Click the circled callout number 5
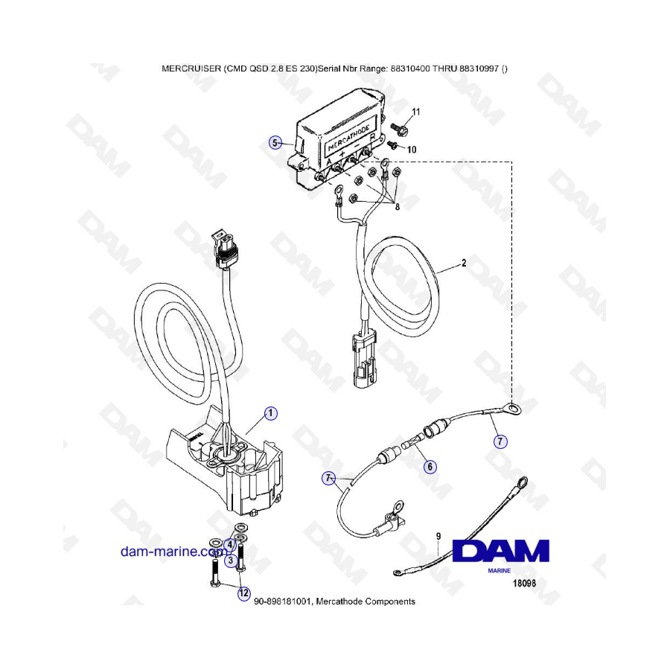pos(275,143)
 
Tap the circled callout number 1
pos(270,413)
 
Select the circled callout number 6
pos(430,466)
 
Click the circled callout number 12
pos(243,593)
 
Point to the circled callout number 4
pos(230,545)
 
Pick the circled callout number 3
pos(231,560)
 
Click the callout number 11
pos(415,112)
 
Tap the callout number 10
pos(412,150)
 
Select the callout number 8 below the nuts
pos(398,207)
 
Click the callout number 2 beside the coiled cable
pos(464,263)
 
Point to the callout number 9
pos(438,536)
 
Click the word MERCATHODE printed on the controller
pos(348,138)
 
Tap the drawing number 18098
pos(524,583)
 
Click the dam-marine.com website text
pos(172,551)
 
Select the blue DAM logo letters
pos(500,551)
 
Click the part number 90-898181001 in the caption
pos(283,602)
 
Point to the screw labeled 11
pos(400,127)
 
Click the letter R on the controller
pos(373,138)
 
